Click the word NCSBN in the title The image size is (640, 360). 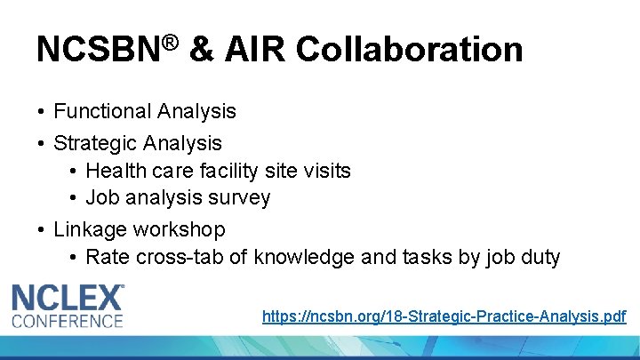(x=92, y=50)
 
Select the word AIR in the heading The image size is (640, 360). (x=254, y=50)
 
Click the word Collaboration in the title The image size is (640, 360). (x=409, y=50)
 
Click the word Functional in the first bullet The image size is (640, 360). (x=102, y=111)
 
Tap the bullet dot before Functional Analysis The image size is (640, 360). (x=42, y=112)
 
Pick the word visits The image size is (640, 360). (x=326, y=171)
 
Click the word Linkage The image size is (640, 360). (x=91, y=229)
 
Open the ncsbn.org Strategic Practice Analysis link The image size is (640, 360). (x=444, y=316)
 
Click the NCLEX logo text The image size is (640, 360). (x=68, y=298)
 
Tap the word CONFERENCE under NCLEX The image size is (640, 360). (x=68, y=320)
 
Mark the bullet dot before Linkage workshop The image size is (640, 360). (x=42, y=230)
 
